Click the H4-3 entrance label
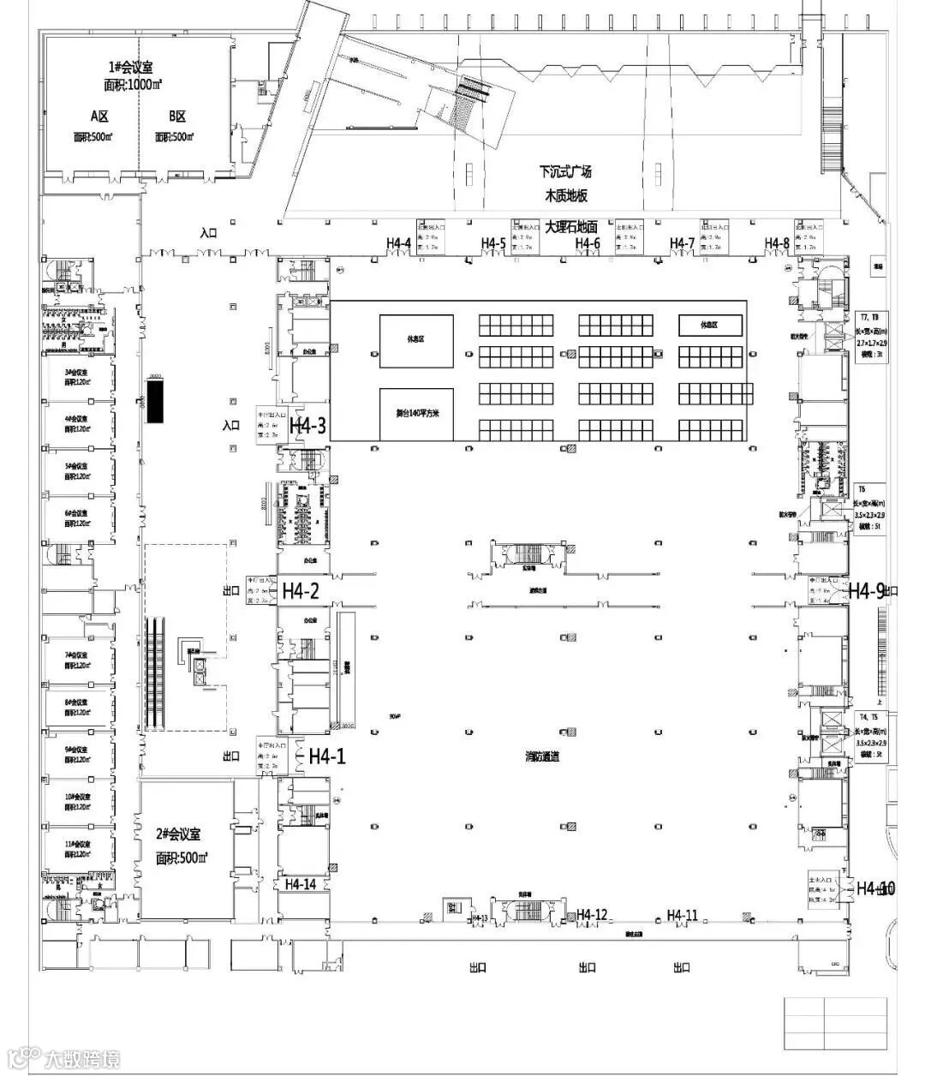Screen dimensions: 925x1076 coord(307,426)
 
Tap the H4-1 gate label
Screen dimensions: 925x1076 coord(327,756)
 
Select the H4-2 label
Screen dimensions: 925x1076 coord(301,590)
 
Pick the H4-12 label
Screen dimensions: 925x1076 coord(592,916)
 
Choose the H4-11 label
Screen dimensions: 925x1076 coord(682,916)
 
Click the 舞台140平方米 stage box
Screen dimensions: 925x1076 coord(415,413)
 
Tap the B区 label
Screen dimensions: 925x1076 coord(176,117)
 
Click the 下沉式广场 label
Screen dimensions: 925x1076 coord(565,171)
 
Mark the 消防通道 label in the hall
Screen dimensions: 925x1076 coord(542,756)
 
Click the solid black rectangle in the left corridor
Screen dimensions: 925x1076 coord(154,402)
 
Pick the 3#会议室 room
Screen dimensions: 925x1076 coord(78,378)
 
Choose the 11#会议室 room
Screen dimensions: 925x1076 coord(78,849)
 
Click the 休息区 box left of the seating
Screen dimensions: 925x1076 coord(415,340)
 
